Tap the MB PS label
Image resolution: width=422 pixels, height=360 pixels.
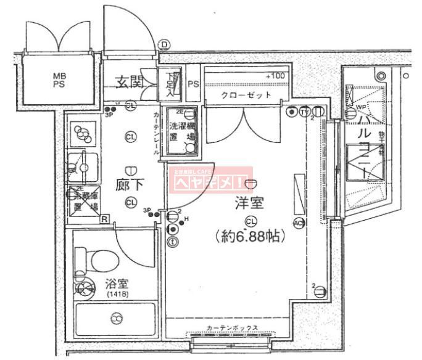(59, 80)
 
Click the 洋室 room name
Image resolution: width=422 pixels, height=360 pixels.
(249, 203)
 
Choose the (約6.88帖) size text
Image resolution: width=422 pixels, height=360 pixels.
(250, 235)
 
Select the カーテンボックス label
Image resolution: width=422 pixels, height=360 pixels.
(231, 329)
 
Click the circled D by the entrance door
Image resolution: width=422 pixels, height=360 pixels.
(163, 44)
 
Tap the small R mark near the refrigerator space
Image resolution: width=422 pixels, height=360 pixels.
(105, 219)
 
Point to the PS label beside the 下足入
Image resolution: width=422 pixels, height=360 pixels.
(192, 84)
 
